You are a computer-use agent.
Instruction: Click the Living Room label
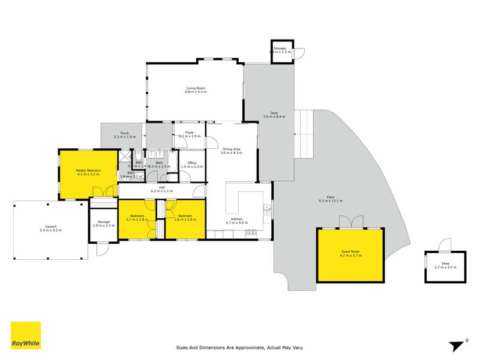point(196,88)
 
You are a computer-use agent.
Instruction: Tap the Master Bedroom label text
point(88,170)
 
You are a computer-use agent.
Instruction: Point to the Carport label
point(50,226)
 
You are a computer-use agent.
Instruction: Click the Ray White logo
point(26,335)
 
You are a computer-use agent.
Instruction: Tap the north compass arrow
point(458,344)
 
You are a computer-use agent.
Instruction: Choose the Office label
point(192,163)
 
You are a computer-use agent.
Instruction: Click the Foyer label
point(188,133)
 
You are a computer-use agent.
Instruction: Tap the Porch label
point(125,133)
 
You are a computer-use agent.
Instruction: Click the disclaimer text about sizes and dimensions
point(240,347)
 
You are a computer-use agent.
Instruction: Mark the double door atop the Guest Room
point(351,223)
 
